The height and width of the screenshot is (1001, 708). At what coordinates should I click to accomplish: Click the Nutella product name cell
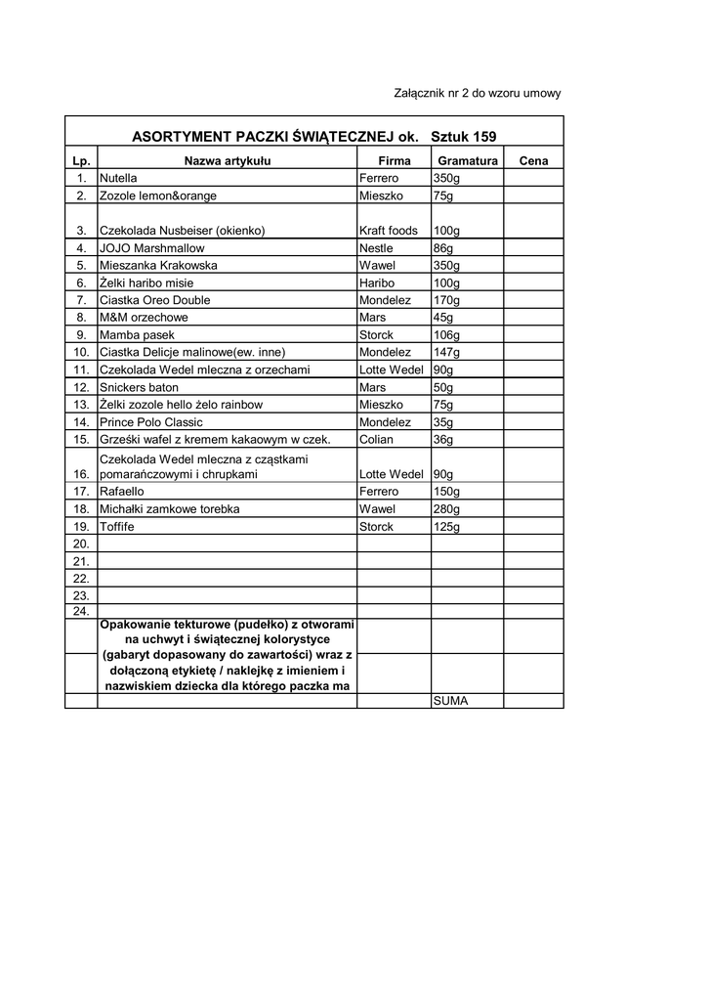[x=118, y=179]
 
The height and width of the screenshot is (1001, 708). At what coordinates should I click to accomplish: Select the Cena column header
[x=533, y=160]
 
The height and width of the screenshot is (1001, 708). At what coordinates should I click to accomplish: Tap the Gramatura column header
[x=468, y=160]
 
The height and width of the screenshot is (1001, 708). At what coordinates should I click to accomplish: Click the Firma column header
[x=395, y=160]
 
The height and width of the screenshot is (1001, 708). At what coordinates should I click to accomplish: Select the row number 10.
[x=81, y=352]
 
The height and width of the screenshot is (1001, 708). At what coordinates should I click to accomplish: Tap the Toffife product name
[x=117, y=527]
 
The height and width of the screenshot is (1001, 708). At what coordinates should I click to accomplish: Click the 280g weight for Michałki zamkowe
[x=445, y=509]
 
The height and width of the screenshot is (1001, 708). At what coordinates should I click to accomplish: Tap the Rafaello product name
[x=122, y=492]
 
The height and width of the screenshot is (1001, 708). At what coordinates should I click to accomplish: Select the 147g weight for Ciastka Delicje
[x=445, y=352]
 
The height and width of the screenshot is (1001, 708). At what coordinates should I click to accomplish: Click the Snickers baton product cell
[x=139, y=387]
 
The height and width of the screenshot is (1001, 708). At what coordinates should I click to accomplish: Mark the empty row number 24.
[x=81, y=611]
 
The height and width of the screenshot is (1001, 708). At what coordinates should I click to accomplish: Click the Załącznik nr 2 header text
[x=477, y=93]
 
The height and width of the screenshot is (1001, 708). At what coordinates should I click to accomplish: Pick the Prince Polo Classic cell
[x=150, y=422]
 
